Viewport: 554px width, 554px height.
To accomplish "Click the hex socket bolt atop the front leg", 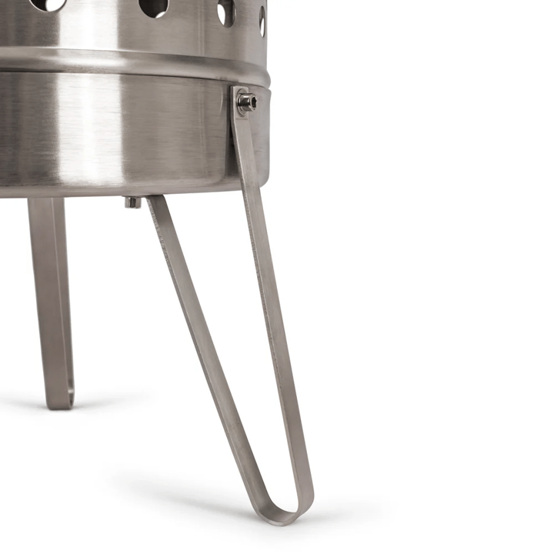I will (x=246, y=101).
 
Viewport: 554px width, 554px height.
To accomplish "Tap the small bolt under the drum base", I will (x=133, y=202).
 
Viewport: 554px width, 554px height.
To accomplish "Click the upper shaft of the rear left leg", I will (x=46, y=254).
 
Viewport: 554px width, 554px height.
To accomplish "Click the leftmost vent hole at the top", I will (x=48, y=4).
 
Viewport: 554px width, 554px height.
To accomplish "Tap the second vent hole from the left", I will (x=154, y=6).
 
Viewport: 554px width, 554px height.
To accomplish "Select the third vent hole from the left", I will (x=225, y=11).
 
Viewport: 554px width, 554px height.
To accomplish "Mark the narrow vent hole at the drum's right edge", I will (x=262, y=21).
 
